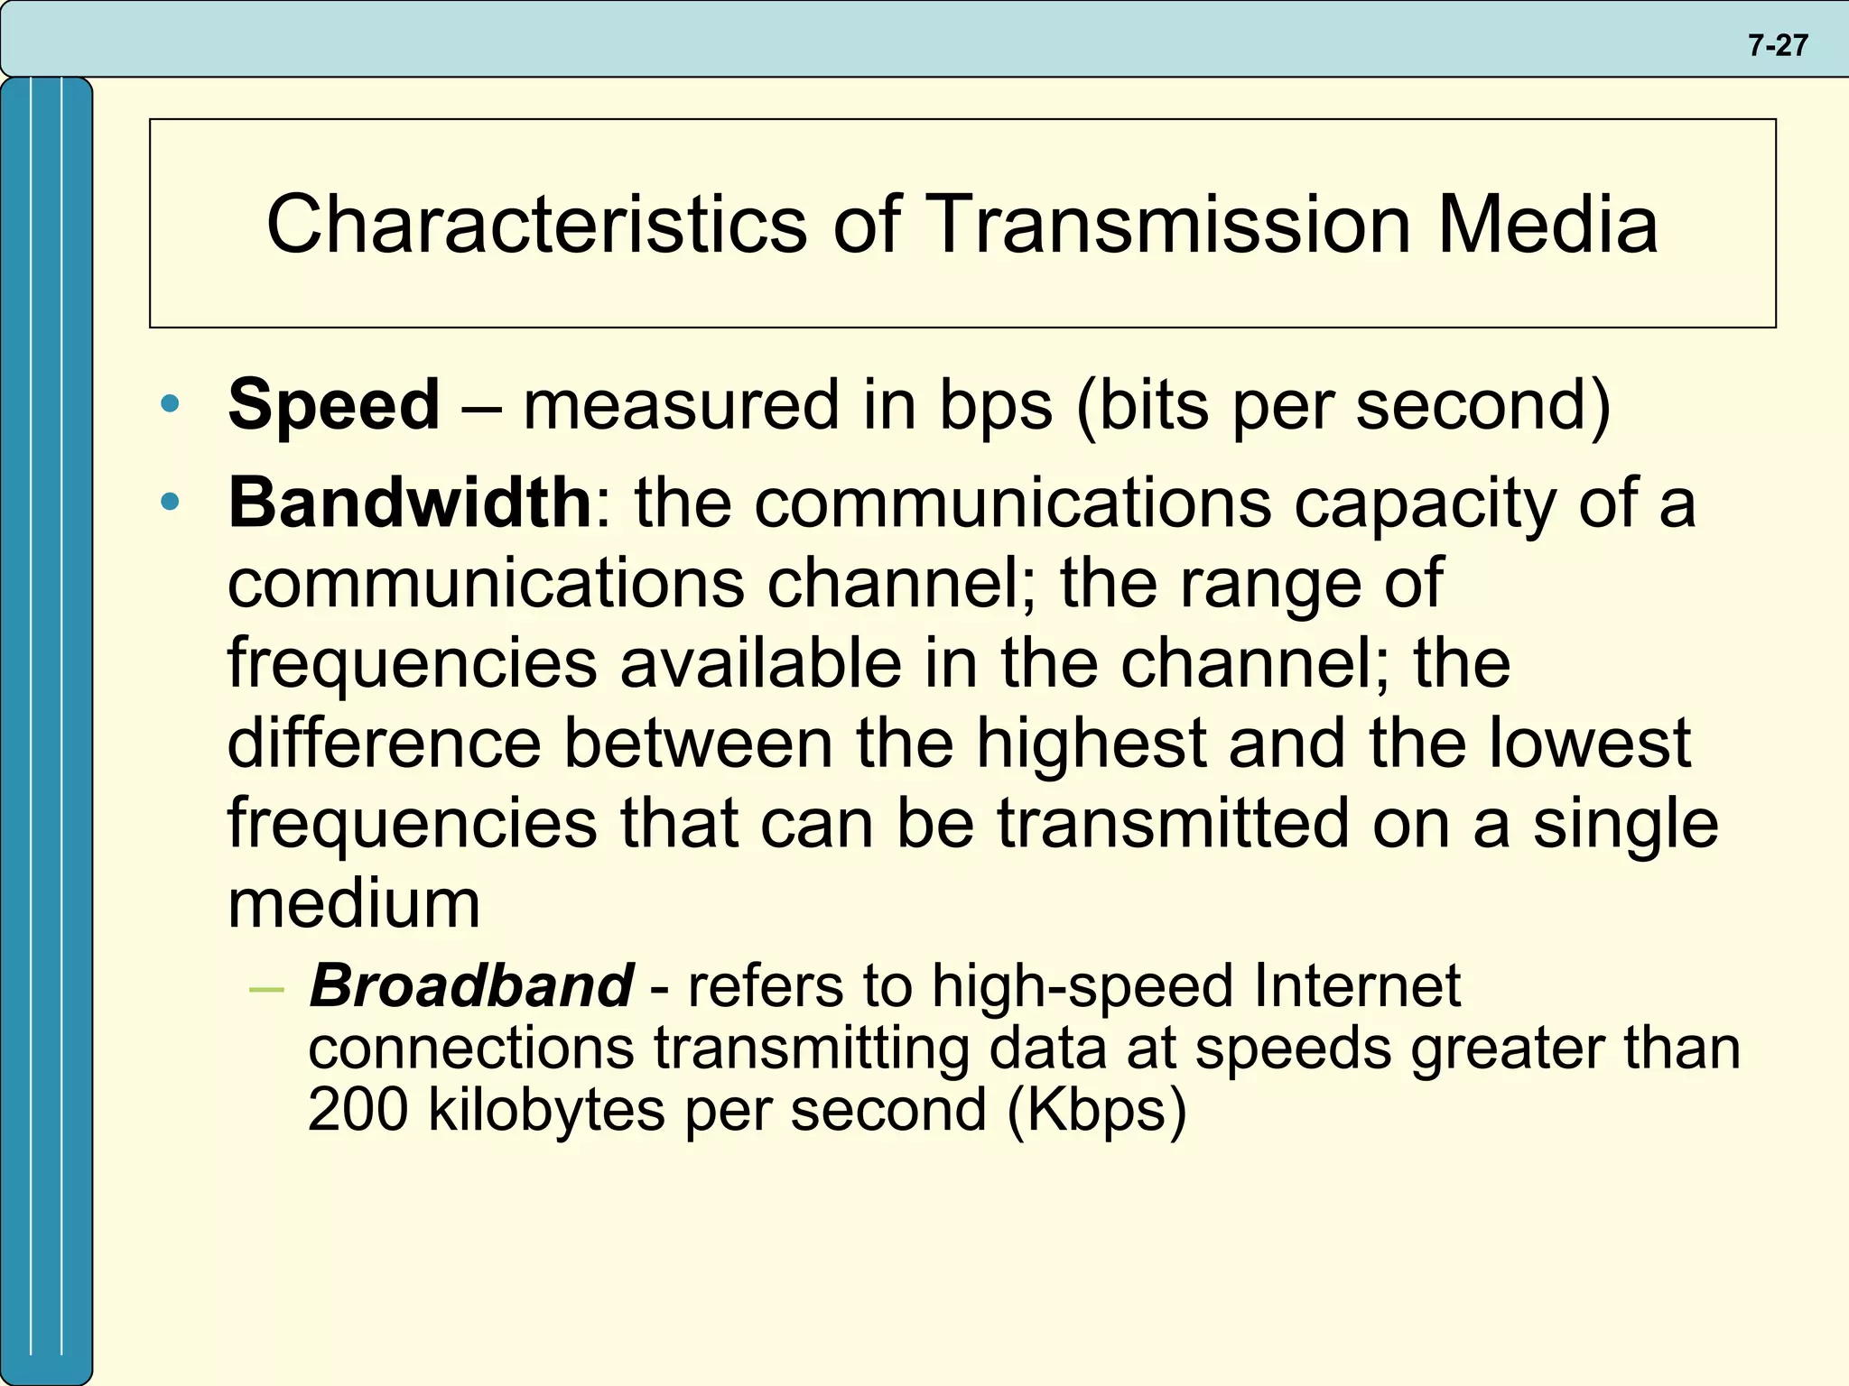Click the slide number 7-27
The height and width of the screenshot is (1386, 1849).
point(1777,45)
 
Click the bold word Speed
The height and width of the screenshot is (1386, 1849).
point(334,404)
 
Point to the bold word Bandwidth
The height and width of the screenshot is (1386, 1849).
point(410,503)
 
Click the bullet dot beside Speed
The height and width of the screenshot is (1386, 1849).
point(170,404)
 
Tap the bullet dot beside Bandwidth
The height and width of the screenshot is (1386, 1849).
point(170,502)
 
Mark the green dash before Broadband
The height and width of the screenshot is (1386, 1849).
point(266,990)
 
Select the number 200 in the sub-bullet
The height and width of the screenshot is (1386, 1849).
point(358,1109)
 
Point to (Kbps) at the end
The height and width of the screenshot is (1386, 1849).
point(1096,1111)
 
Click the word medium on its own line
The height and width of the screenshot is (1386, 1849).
point(354,903)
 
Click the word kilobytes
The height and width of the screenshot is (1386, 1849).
point(547,1109)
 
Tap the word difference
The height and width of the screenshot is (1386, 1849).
point(385,744)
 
